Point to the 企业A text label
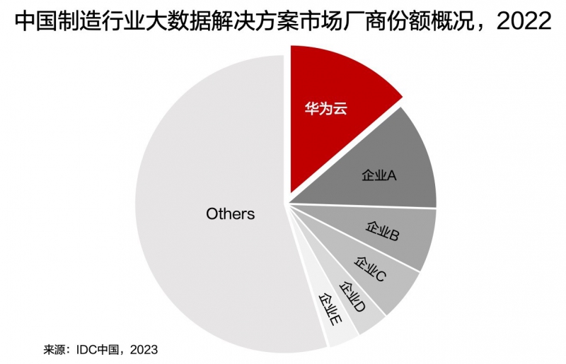click(379, 175)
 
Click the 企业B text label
click(382, 232)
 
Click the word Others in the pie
click(230, 213)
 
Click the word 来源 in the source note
click(54, 349)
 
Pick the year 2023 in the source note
click(144, 349)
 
